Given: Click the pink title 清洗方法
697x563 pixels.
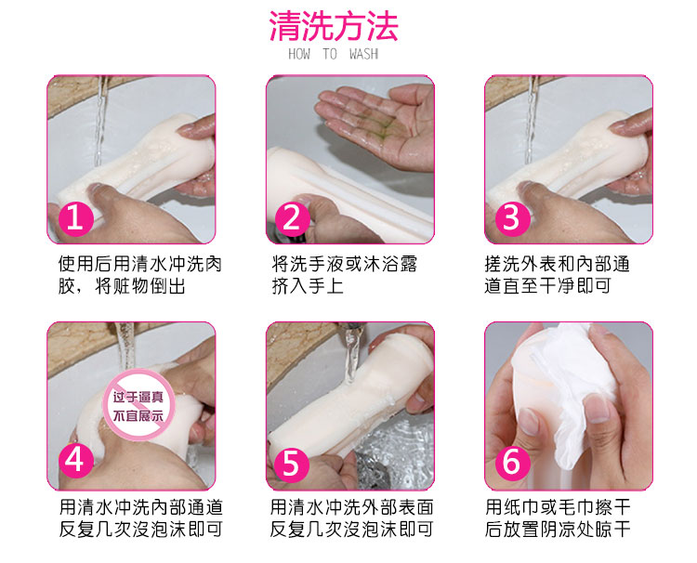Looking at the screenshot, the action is (x=334, y=26).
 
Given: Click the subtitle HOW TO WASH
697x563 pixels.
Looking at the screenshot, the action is (x=333, y=54).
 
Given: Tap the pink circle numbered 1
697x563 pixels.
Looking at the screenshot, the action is (x=75, y=217).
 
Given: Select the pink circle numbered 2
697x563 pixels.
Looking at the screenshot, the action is (x=292, y=217).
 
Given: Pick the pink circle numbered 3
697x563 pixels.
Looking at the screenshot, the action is (x=511, y=217).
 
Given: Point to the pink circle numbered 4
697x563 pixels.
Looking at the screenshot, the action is (x=75, y=461).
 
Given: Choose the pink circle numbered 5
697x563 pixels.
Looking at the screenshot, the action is (x=292, y=463).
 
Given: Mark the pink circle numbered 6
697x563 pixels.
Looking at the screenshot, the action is (x=511, y=462).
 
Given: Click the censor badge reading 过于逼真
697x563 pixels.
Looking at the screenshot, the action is (x=138, y=405).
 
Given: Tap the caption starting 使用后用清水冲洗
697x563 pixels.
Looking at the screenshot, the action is (x=139, y=276).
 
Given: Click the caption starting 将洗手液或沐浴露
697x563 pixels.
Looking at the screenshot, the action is (x=345, y=276).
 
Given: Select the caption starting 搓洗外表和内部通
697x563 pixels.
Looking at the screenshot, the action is (x=557, y=276).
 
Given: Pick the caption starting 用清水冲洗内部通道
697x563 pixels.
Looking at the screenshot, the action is (x=141, y=518).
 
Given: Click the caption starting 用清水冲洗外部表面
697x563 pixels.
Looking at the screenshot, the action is (x=351, y=518).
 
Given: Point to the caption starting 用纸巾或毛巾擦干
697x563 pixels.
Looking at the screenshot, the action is (x=558, y=518).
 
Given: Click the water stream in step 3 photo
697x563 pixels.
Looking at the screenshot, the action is (x=531, y=119).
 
